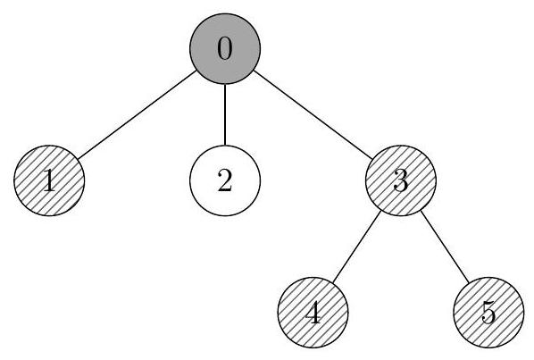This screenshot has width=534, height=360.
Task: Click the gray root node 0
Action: (225, 49)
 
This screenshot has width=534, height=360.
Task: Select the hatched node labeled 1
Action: (49, 180)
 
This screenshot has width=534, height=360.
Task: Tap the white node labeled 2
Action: (225, 180)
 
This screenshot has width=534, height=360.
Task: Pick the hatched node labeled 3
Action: (401, 180)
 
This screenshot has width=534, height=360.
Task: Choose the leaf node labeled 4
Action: (313, 313)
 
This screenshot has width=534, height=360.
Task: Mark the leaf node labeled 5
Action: (488, 313)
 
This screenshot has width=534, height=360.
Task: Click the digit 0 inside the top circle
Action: (225, 48)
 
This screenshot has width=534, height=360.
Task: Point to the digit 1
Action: (50, 180)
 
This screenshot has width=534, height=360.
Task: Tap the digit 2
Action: (225, 180)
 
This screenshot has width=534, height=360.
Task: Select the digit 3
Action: (401, 180)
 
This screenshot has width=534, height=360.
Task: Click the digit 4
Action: (313, 312)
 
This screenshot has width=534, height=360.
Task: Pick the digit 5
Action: (488, 313)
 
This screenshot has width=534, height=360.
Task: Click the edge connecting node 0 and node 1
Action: (137, 114)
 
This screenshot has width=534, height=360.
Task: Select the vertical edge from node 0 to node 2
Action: (225, 114)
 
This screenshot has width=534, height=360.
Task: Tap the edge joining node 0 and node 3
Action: (313, 114)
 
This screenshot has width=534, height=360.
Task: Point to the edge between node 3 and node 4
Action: (357, 247)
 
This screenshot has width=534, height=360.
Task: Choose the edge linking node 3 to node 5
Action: (445, 247)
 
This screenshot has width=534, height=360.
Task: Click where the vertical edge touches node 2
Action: (225, 146)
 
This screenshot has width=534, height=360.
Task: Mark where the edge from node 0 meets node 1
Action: (78, 159)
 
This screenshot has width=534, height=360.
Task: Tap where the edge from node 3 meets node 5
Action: (469, 282)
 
